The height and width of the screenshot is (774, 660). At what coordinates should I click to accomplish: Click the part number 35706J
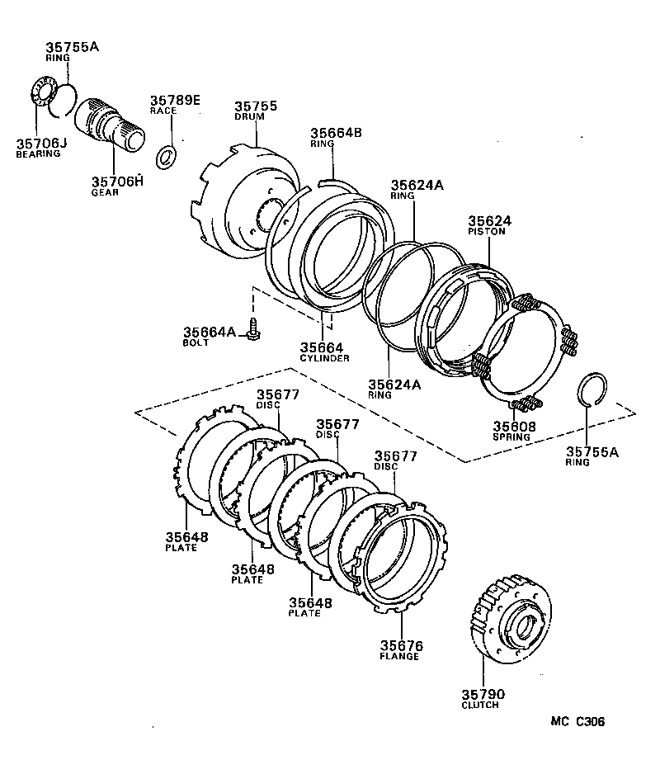pos(38,143)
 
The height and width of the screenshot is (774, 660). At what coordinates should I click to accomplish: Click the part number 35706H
pos(116,182)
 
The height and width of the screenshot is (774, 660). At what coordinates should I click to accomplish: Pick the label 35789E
pos(175,101)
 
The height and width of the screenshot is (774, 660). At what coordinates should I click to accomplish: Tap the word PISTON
pos(486,232)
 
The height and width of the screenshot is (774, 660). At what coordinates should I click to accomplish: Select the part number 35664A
pos(210,332)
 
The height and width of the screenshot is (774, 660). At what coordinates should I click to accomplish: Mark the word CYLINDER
pos(324,358)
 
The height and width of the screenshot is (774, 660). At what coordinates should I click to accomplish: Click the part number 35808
pos(515,427)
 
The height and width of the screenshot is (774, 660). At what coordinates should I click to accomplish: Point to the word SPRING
pos(514,437)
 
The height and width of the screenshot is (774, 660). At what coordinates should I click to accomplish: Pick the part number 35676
pos(400,645)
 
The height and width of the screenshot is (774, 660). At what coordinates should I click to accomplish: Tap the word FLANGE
pos(399,656)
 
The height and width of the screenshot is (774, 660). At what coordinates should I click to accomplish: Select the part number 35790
pos(483,694)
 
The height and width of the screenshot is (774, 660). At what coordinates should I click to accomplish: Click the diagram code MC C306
pos(578,721)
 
